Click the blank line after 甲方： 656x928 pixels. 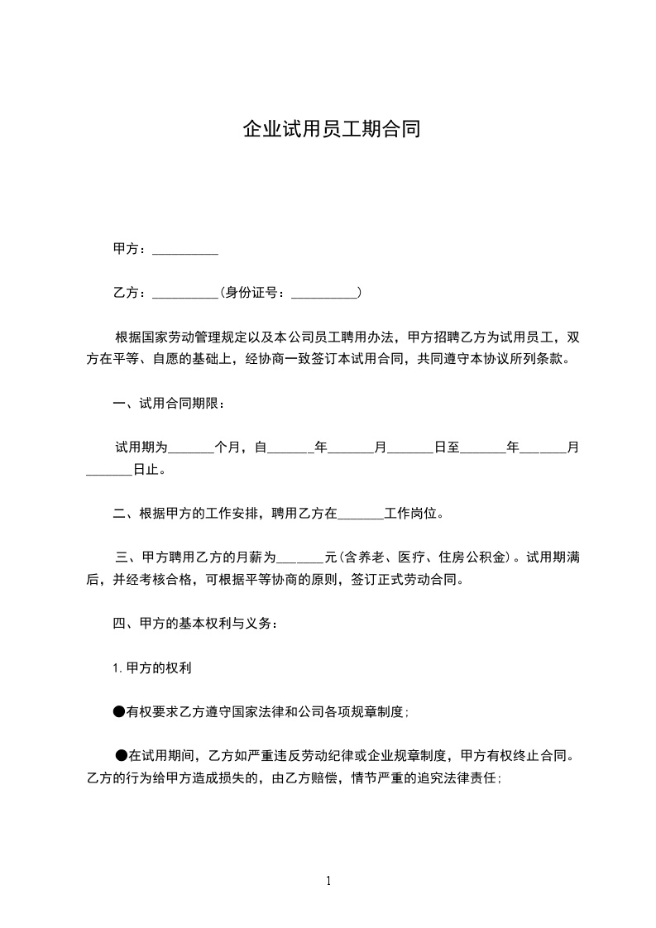point(185,250)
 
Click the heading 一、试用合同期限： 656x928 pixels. point(168,404)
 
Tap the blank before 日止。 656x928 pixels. point(109,471)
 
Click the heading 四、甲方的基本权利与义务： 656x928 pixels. point(195,623)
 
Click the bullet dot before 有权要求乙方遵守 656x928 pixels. point(119,710)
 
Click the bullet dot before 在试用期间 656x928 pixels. point(122,754)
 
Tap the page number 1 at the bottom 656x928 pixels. point(328,882)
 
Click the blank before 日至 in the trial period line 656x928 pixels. point(410,448)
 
